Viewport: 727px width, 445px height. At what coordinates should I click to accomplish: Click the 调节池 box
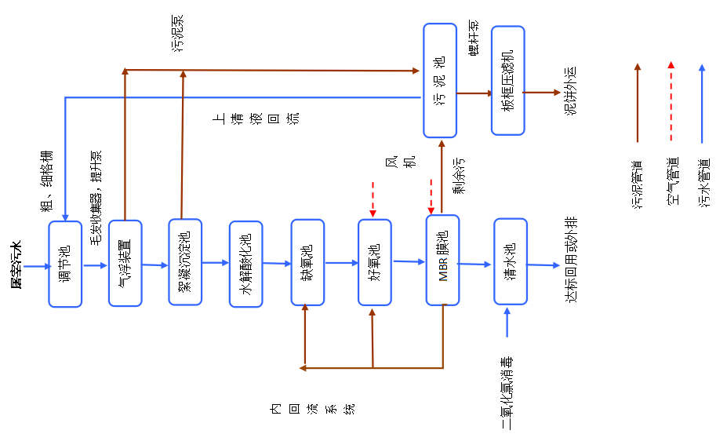point(65,264)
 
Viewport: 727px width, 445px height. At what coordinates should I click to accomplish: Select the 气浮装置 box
point(125,263)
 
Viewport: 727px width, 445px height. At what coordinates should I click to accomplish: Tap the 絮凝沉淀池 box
point(185,261)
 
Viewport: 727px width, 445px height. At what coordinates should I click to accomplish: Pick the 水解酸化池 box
point(245,264)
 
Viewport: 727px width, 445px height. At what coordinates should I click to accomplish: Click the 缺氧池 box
point(307,262)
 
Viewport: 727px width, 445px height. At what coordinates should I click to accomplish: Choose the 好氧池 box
point(375,262)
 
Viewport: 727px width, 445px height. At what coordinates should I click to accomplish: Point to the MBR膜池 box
point(442,261)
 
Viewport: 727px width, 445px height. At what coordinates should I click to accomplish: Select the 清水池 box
point(511,261)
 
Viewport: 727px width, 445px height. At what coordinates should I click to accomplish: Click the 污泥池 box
point(440,78)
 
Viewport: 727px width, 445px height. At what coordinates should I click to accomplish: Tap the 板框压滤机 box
point(507,81)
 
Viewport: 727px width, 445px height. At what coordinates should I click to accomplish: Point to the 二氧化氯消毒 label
point(507,393)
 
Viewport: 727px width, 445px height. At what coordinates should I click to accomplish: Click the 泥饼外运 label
point(570,91)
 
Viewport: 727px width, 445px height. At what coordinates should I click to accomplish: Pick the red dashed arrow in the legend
point(670,103)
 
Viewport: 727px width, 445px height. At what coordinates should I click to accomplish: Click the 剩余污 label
point(459,176)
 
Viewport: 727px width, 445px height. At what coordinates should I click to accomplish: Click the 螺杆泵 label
point(474,38)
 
